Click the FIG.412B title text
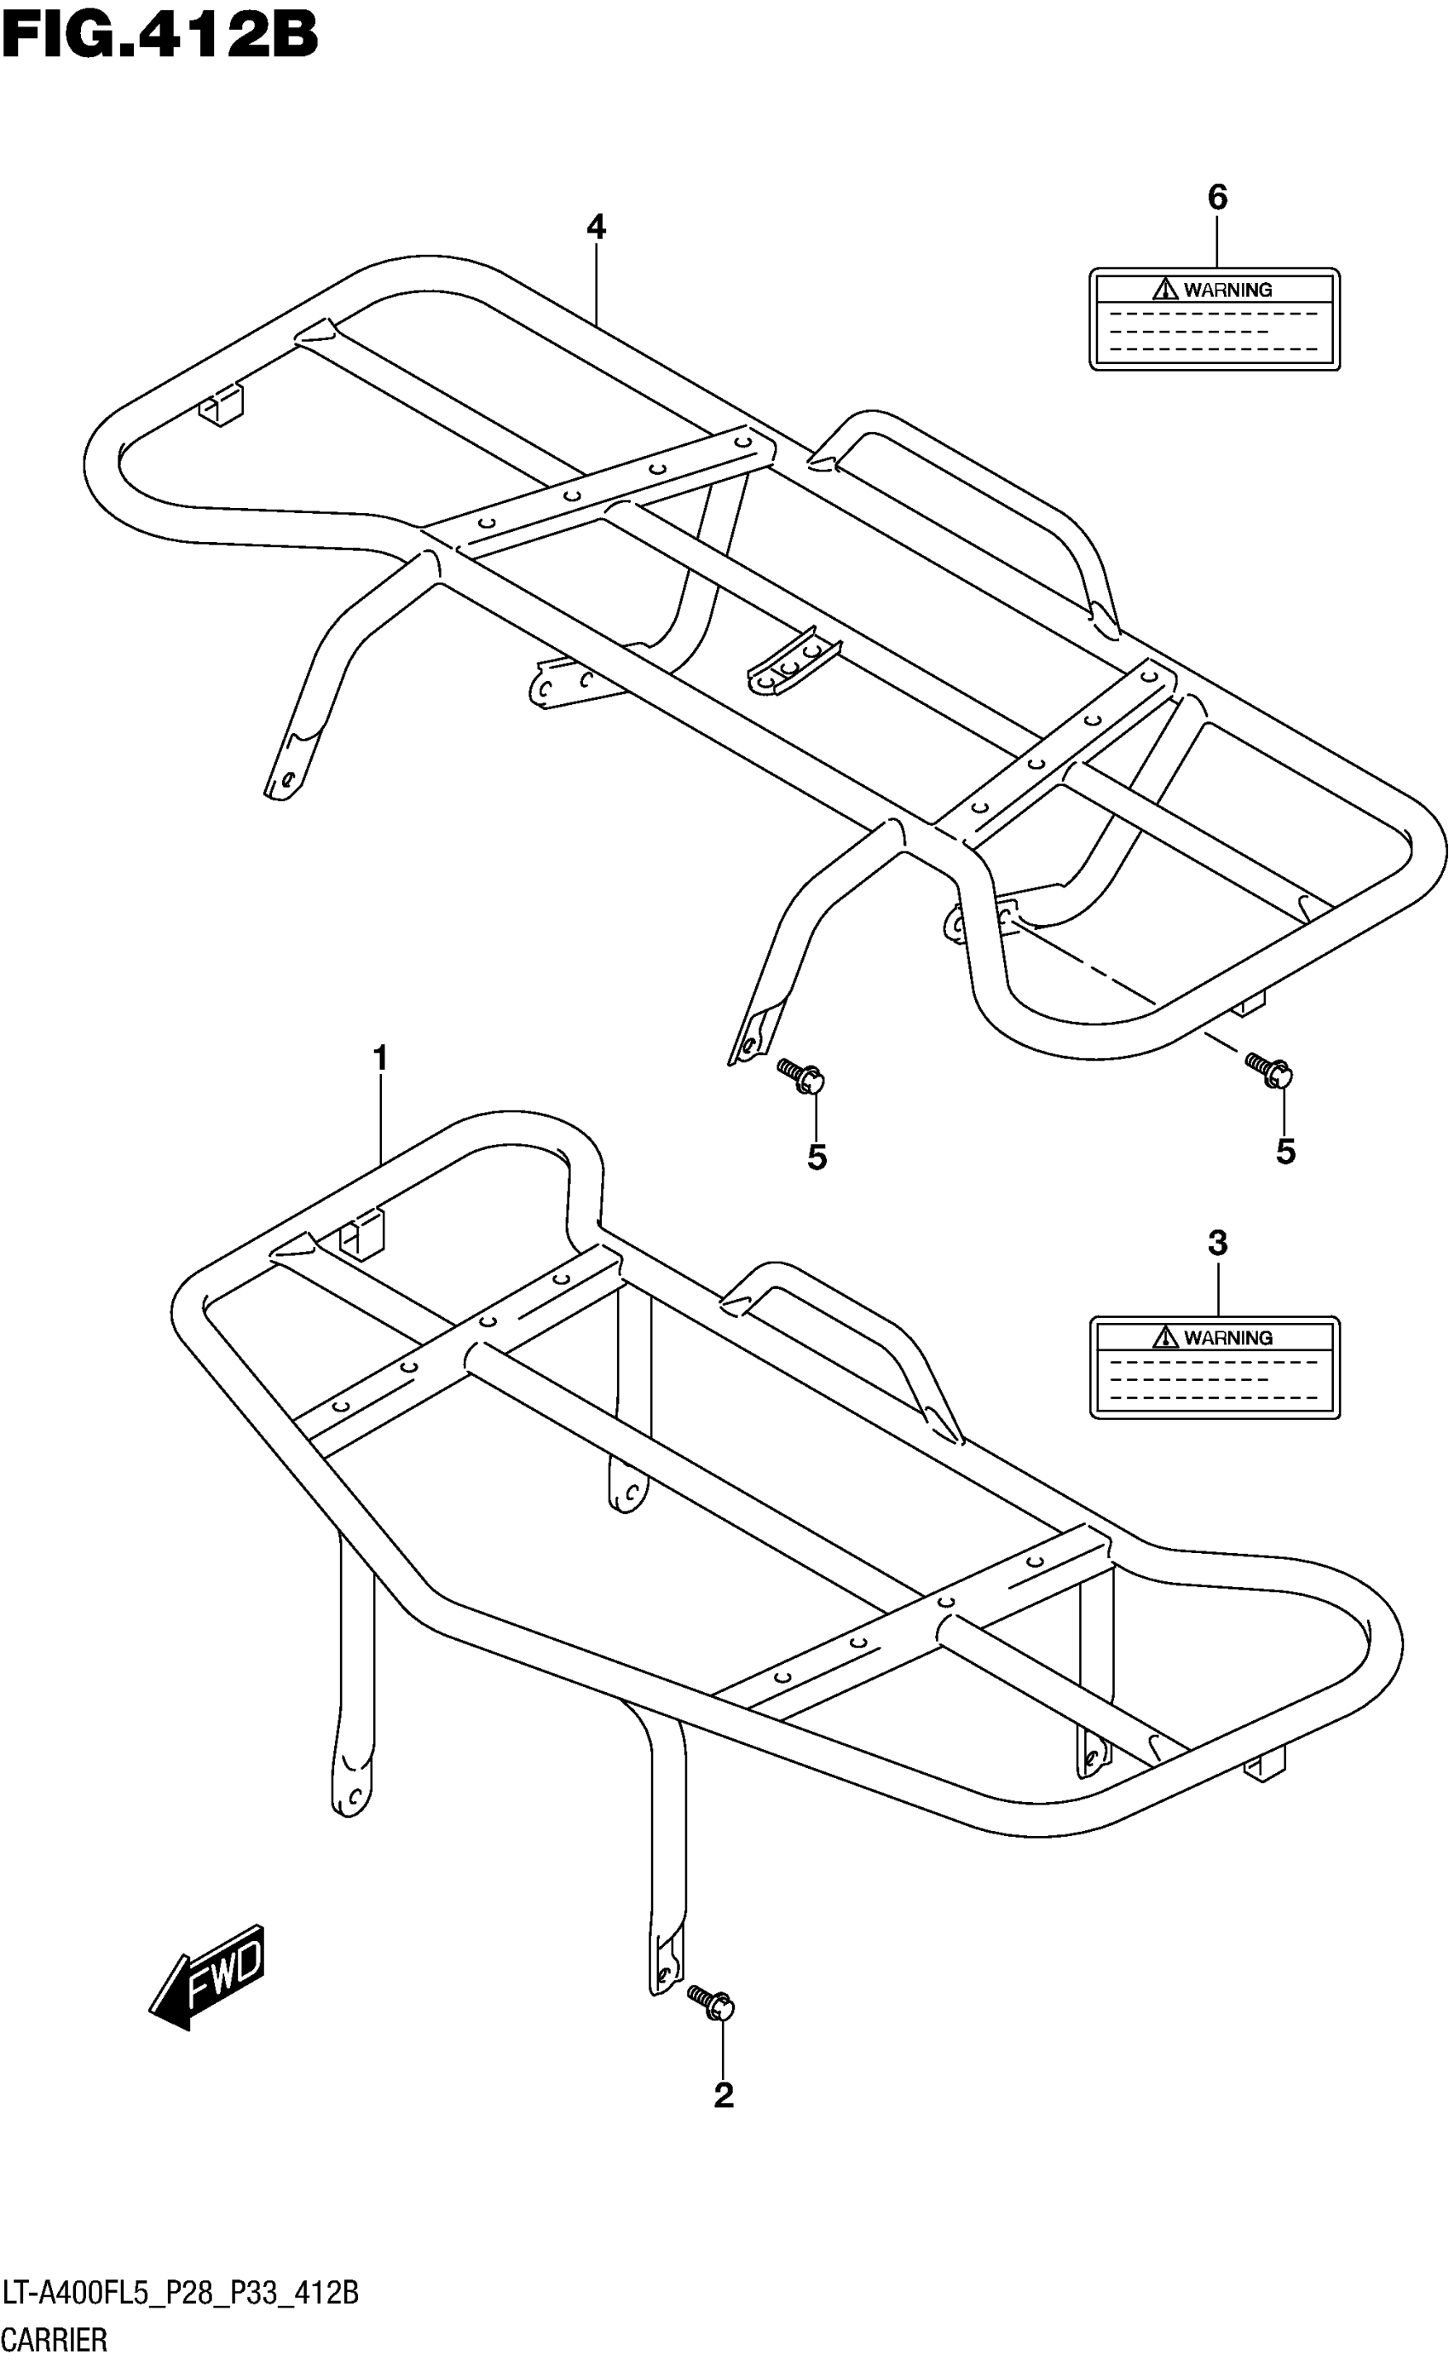pyautogui.click(x=159, y=36)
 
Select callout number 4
pyautogui.click(x=596, y=228)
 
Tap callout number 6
pyautogui.click(x=1216, y=197)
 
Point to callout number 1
pyautogui.click(x=380, y=1059)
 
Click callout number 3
pyautogui.click(x=1216, y=1244)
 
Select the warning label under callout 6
pyautogui.click(x=1214, y=319)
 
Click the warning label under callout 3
pyautogui.click(x=1214, y=1366)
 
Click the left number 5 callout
pyautogui.click(x=817, y=1158)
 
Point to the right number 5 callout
pyautogui.click(x=1285, y=1152)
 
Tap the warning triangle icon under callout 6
pyautogui.click(x=1165, y=288)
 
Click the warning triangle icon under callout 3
pyautogui.click(x=1165, y=1337)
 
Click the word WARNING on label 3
pyautogui.click(x=1227, y=1337)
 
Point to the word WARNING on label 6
pyautogui.click(x=1227, y=289)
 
